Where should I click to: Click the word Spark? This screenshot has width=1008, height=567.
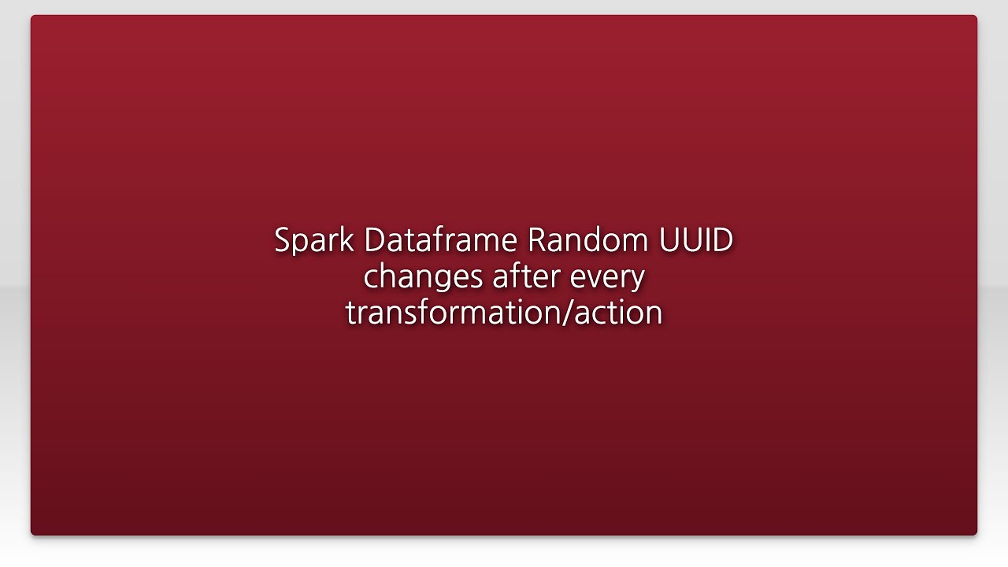[x=313, y=240]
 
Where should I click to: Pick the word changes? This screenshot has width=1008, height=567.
[x=423, y=277]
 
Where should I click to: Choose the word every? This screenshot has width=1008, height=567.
[x=609, y=277]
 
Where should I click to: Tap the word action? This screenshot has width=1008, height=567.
[x=618, y=313]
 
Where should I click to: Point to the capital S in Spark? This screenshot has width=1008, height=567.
[x=282, y=240]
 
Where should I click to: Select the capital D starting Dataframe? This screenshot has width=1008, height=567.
[x=373, y=240]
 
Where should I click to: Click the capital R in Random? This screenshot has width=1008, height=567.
[x=536, y=240]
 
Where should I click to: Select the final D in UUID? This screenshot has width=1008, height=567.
[x=722, y=240]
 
